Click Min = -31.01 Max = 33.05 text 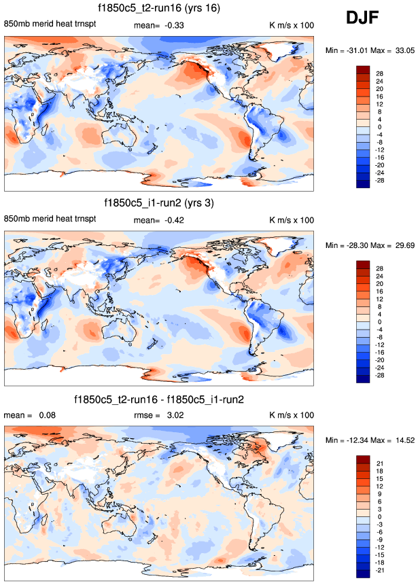click(367, 51)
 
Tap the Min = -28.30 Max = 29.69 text click(367, 245)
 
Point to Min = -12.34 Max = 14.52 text click(367, 442)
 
